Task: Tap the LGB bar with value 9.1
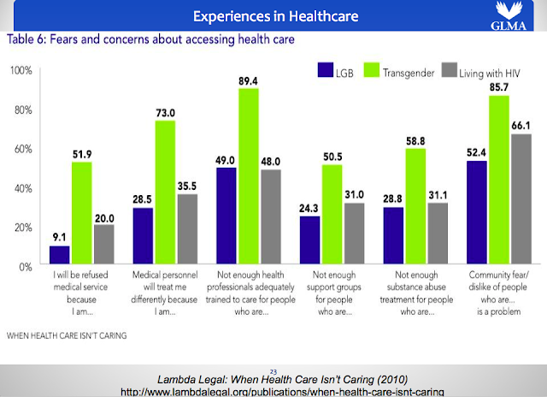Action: click(x=59, y=256)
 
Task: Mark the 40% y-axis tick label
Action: click(x=21, y=187)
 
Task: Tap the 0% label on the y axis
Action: click(x=23, y=266)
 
